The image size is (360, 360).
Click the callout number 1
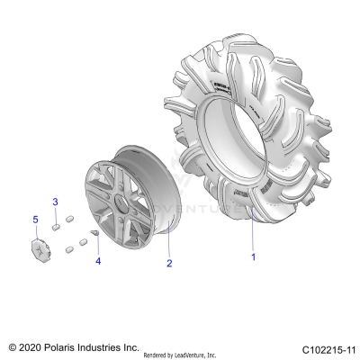[x=253, y=257]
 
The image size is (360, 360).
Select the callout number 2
[x=168, y=265]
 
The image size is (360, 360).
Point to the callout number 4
[x=98, y=262]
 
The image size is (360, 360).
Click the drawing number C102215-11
[x=328, y=346]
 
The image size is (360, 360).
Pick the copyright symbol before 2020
[x=13, y=346]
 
